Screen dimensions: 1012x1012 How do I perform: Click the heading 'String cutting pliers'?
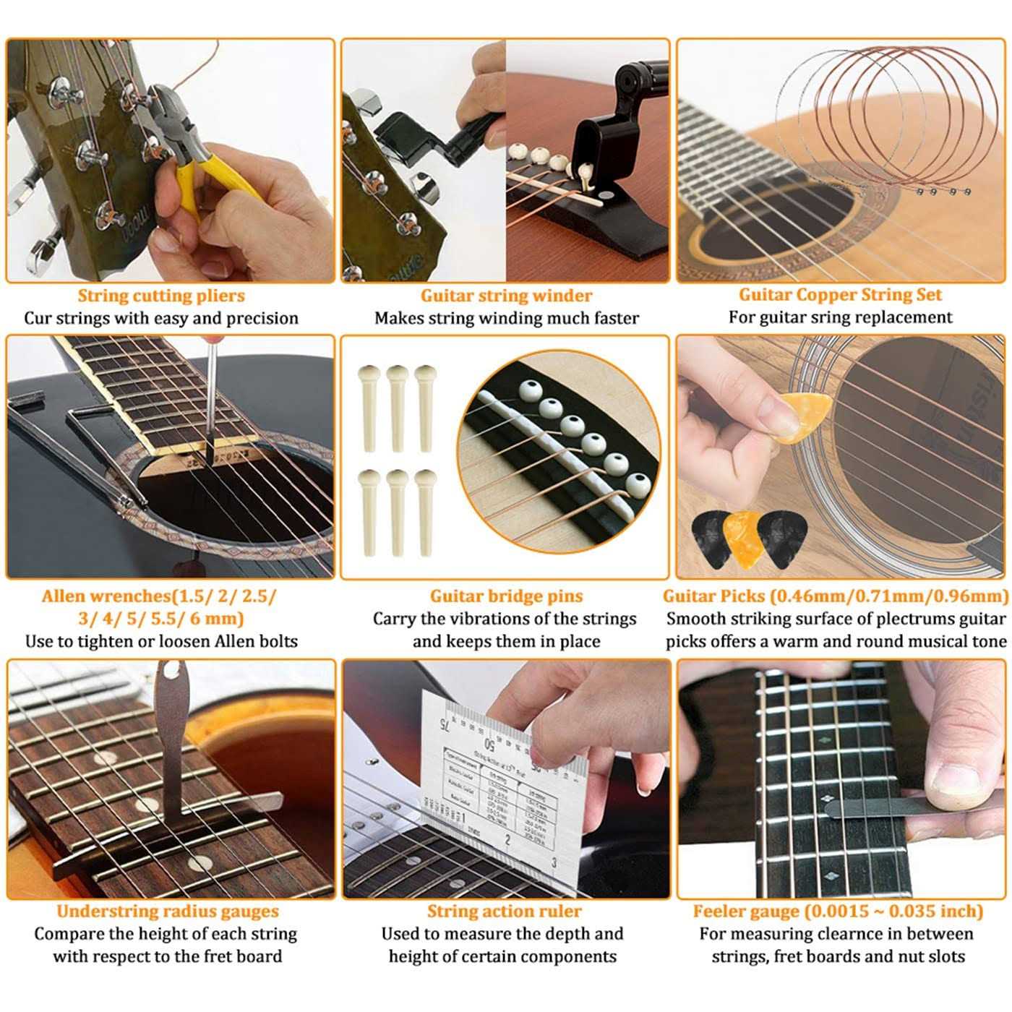(x=161, y=296)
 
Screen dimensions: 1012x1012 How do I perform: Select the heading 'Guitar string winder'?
(x=506, y=296)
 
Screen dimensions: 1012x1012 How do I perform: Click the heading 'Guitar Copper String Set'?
(x=840, y=295)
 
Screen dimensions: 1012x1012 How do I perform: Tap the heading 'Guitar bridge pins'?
(x=506, y=596)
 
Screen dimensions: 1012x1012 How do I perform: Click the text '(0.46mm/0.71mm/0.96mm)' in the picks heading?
(x=889, y=596)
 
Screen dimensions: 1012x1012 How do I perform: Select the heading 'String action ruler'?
(x=504, y=912)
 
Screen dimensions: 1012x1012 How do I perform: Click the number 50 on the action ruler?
(x=491, y=745)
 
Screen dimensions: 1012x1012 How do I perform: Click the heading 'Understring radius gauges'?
(x=168, y=912)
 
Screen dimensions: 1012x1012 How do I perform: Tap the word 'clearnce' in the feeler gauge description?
(x=839, y=934)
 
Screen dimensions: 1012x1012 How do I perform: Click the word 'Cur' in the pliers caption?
(x=37, y=318)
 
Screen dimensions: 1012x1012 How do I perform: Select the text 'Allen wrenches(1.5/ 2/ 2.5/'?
(x=159, y=596)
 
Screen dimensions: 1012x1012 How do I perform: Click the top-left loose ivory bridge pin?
(x=369, y=405)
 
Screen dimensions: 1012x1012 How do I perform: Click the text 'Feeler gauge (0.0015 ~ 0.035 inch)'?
(x=838, y=912)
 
